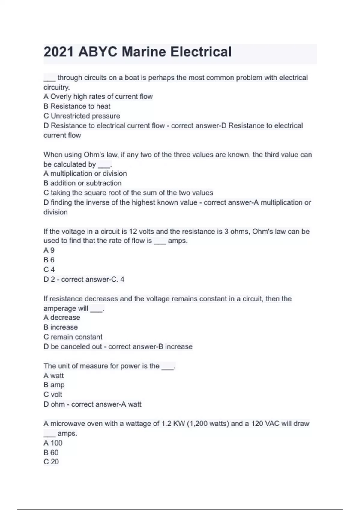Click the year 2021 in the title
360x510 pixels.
58,52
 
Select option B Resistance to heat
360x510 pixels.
77,106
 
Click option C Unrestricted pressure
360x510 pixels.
82,116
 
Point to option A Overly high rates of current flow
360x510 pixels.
98,97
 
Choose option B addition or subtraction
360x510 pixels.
82,183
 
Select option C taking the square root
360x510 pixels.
128,193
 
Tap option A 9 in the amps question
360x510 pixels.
49,250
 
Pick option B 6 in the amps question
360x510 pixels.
49,260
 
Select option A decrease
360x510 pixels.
62,317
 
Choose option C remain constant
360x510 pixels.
73,337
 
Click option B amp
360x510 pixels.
54,385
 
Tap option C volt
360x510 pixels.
53,394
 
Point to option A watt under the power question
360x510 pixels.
54,376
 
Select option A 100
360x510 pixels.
53,443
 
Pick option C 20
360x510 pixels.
51,462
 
